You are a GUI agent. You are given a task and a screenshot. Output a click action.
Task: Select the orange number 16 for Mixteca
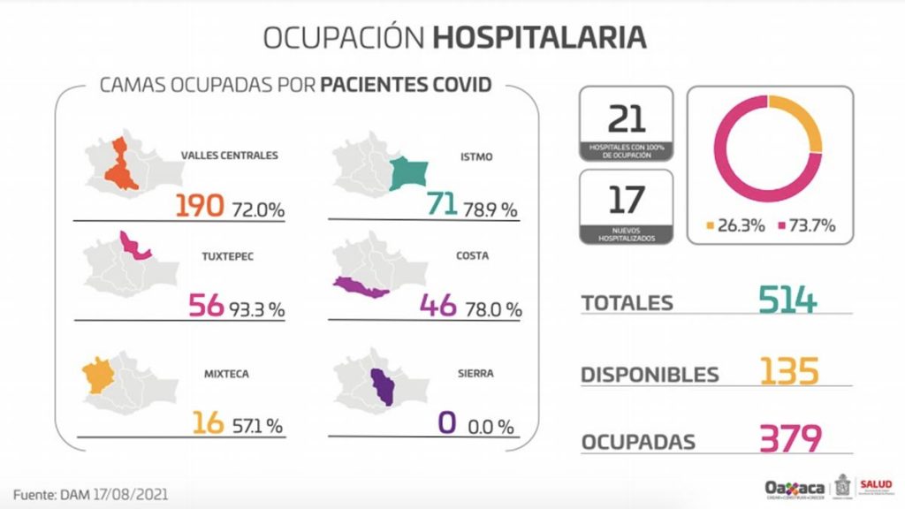pos(209,423)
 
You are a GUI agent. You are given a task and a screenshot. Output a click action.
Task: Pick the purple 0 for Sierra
pos(447,423)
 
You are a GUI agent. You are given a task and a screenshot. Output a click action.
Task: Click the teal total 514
pos(787,300)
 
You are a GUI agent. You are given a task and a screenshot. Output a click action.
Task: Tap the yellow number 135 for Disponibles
pos(788,371)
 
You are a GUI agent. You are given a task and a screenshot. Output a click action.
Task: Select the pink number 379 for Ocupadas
pos(789,439)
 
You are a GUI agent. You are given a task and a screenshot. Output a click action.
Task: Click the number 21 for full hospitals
pos(627,118)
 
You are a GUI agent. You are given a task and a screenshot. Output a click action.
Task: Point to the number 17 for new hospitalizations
pos(627,201)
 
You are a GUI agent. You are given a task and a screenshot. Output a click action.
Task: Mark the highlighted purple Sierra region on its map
pos(384,386)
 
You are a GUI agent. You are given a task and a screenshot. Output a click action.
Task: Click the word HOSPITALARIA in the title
pos(539,39)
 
